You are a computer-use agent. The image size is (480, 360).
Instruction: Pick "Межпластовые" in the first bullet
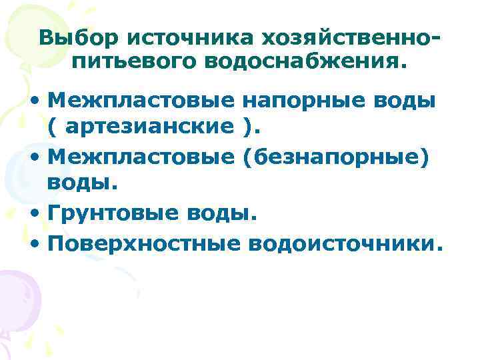pyautogui.click(x=141, y=101)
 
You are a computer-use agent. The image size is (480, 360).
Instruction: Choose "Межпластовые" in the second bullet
pyautogui.click(x=141, y=155)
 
